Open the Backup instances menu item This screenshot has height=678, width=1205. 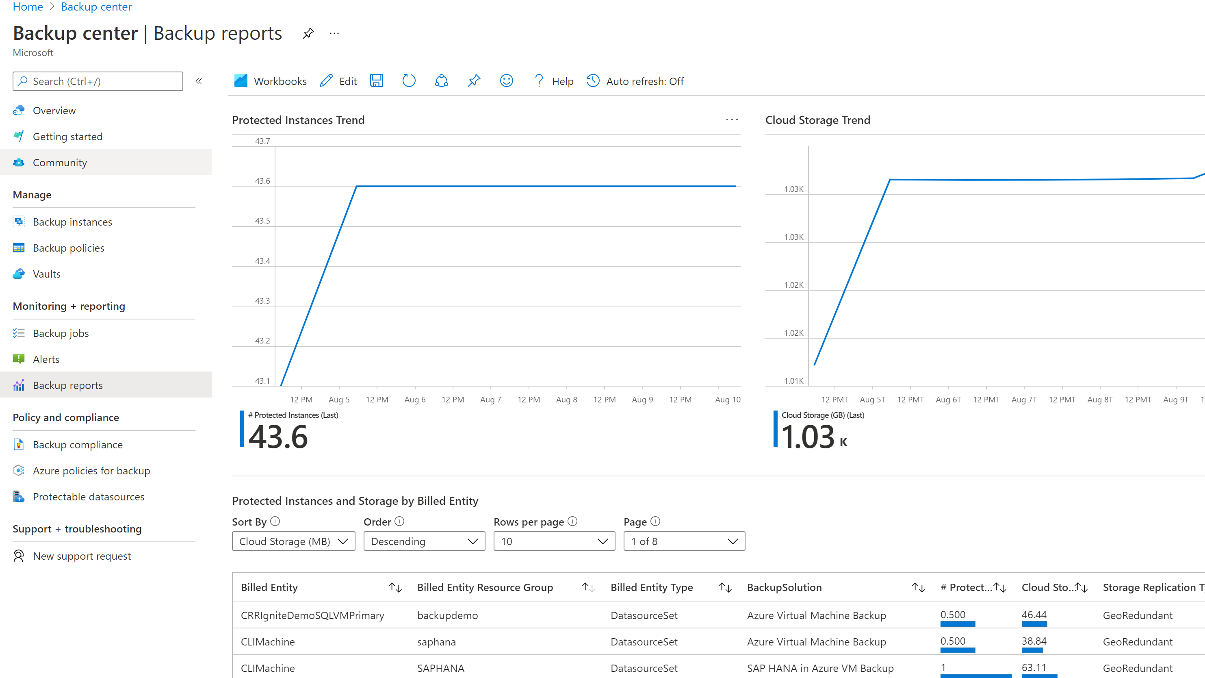tap(72, 222)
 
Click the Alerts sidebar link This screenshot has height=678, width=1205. tap(46, 359)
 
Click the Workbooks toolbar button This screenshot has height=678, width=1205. tap(271, 81)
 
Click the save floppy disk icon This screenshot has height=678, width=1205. tap(376, 81)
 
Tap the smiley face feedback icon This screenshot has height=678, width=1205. tap(506, 81)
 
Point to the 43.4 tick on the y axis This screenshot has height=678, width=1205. tap(262, 261)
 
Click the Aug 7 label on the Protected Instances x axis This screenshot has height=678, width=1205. tap(490, 400)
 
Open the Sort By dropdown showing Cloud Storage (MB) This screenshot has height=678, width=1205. tap(293, 541)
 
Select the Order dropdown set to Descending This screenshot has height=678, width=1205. tap(424, 541)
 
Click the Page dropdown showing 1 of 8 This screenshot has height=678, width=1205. tap(684, 541)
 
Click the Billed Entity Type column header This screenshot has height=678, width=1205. tap(652, 587)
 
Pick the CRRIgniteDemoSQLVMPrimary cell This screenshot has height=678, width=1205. tap(312, 615)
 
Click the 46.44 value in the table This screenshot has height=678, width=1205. tap(1034, 615)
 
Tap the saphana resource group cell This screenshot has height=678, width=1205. tap(436, 641)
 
